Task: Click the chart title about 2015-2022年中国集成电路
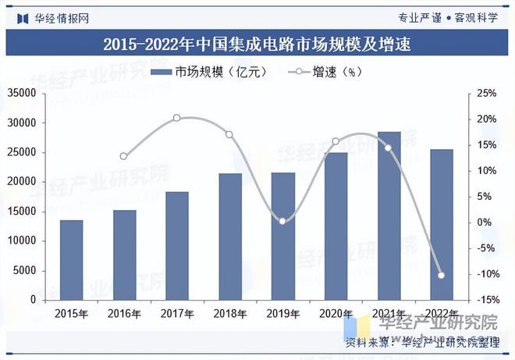pos(257,45)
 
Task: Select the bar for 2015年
pos(71,259)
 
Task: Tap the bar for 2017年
pos(177,245)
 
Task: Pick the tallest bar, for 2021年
pos(389,216)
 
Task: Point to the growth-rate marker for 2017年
pos(176,118)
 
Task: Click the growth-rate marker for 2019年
pos(282,221)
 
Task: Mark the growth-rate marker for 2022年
pos(442,275)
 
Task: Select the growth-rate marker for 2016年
pos(124,156)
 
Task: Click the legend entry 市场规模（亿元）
pos(208,73)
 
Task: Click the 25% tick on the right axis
pos(487,94)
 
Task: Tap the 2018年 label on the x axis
pos(230,313)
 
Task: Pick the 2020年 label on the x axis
pos(336,313)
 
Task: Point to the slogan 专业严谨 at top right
pos(419,17)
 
